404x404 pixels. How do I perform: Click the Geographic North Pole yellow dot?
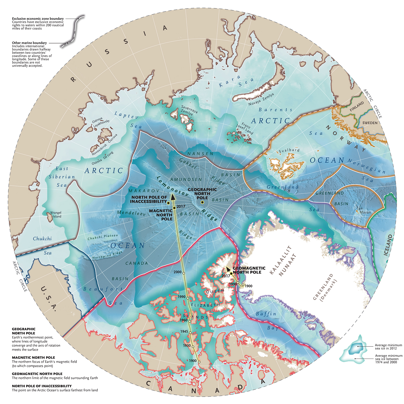click(x=202, y=202)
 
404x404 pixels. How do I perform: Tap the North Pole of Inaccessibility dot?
click(x=168, y=203)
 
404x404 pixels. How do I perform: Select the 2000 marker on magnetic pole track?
click(x=184, y=273)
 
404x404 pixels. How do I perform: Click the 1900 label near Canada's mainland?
click(x=193, y=361)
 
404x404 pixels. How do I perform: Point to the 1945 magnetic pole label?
click(x=184, y=332)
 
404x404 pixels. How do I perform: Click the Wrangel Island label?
click(x=56, y=214)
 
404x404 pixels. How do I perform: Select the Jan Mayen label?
click(x=364, y=210)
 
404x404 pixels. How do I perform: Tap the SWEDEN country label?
click(x=370, y=123)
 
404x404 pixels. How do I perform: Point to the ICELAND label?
click(x=389, y=245)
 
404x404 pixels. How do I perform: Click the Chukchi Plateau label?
click(x=103, y=237)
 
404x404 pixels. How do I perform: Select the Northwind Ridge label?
click(x=107, y=255)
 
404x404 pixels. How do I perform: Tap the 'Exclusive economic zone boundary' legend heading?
click(x=38, y=19)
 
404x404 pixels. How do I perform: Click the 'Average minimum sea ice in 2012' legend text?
click(x=388, y=347)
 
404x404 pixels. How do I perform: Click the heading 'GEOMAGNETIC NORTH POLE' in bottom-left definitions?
click(x=37, y=374)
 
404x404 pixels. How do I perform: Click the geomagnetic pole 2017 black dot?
click(x=231, y=273)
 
